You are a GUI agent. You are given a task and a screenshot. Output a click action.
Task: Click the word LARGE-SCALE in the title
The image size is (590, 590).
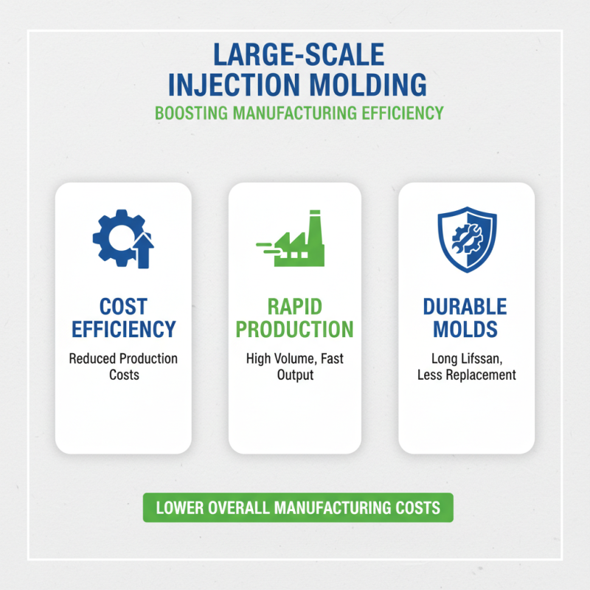pyautogui.click(x=297, y=55)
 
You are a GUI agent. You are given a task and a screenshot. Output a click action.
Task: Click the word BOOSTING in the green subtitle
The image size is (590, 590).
pyautogui.click(x=190, y=113)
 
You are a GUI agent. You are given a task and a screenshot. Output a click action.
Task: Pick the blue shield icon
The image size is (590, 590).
pyautogui.click(x=467, y=237)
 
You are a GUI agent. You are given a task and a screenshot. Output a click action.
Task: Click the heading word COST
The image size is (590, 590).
pyautogui.click(x=123, y=306)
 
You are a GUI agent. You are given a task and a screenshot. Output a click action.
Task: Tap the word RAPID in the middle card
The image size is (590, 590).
pyautogui.click(x=294, y=306)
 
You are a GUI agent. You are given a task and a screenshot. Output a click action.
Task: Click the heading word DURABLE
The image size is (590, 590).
pyautogui.click(x=466, y=306)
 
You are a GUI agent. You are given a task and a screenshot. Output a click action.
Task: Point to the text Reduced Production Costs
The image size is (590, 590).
pyautogui.click(x=123, y=367)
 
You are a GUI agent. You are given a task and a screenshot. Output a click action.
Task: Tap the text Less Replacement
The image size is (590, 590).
pyautogui.click(x=466, y=375)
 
